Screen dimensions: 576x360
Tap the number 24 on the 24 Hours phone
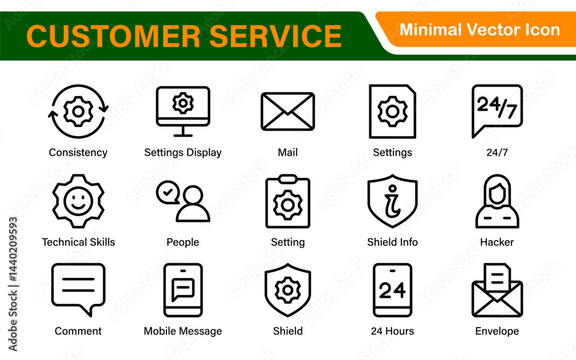[x=392, y=290]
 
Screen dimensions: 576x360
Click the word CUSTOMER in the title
[x=113, y=36]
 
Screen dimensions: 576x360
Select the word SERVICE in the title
[x=275, y=36]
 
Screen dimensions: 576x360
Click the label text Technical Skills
[x=78, y=242]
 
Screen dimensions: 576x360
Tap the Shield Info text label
[x=392, y=242]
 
